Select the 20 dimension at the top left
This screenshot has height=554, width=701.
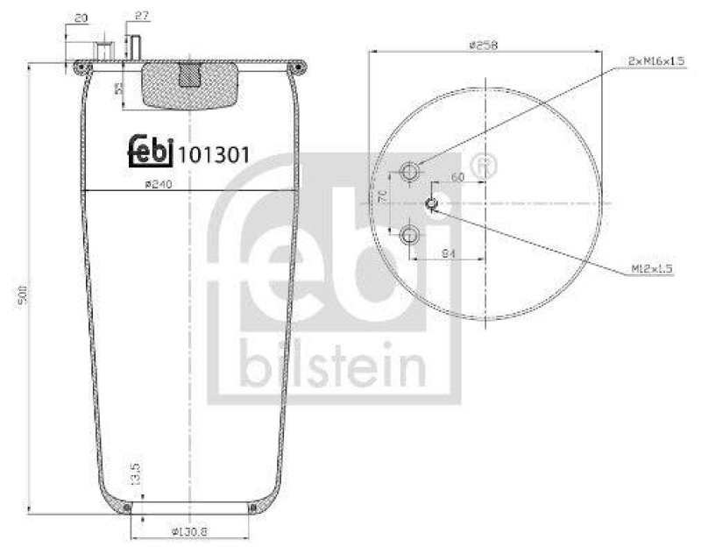[81, 18]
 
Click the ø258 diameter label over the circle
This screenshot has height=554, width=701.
[484, 45]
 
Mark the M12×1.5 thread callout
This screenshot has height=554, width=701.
[650, 269]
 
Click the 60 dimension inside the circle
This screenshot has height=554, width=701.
[457, 177]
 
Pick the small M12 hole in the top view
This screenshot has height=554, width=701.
[432, 203]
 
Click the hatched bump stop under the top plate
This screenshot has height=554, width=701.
[188, 86]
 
